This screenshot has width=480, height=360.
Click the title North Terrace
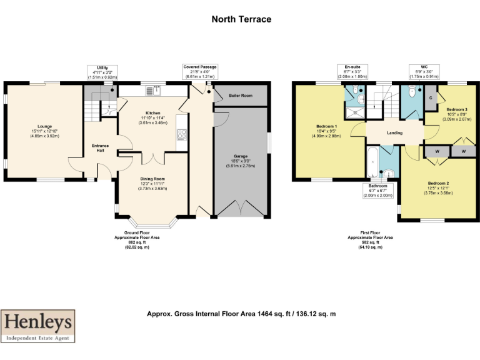(241, 19)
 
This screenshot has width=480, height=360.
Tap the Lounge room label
(44, 126)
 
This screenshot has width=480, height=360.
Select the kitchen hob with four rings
(182, 134)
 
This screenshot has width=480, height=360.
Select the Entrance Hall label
(101, 148)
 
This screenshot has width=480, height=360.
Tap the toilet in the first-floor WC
(411, 92)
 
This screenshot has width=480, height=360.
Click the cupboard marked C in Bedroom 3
(431, 98)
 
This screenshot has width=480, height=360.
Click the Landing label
(394, 132)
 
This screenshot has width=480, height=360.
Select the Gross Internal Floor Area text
(241, 314)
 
